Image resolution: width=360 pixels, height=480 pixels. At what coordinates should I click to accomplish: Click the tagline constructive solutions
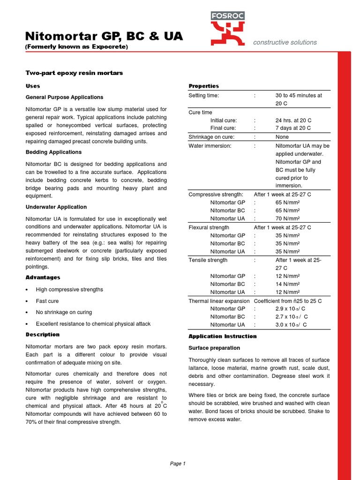pyautogui.click(x=285, y=42)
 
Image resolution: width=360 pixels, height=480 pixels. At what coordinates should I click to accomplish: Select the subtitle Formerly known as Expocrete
pyautogui.click(x=76, y=47)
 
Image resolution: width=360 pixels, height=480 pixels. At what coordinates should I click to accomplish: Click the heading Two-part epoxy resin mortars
pyautogui.click(x=74, y=73)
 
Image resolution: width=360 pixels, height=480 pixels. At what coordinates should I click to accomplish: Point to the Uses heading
pyautogui.click(x=32, y=86)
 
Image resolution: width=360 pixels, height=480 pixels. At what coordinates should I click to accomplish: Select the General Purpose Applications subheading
pyautogui.click(x=64, y=97)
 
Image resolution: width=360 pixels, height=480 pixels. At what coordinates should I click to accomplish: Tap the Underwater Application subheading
pyautogui.click(x=55, y=207)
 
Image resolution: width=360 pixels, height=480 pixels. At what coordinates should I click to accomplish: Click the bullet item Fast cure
pyautogui.click(x=47, y=301)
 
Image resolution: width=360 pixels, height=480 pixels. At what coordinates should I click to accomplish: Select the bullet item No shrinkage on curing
pyautogui.click(x=64, y=312)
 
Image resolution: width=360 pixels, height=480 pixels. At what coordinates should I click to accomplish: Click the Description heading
pyautogui.click(x=42, y=335)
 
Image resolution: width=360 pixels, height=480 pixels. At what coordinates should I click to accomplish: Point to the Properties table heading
pyautogui.click(x=203, y=86)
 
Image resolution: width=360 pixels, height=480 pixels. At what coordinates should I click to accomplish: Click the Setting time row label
pyautogui.click(x=203, y=95)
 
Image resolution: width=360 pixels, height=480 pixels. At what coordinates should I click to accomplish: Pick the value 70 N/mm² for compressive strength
pyautogui.click(x=288, y=218)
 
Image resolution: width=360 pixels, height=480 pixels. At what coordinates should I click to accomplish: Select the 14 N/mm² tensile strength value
pyautogui.click(x=288, y=284)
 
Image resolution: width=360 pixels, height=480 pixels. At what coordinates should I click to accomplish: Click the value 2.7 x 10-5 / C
pyautogui.click(x=292, y=316)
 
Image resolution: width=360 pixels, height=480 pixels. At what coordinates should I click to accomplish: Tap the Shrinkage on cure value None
pyautogui.click(x=282, y=137)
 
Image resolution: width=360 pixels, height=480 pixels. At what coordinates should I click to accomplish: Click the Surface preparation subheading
pyautogui.click(x=214, y=348)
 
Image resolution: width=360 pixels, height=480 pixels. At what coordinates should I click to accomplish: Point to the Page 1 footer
pyautogui.click(x=178, y=464)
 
